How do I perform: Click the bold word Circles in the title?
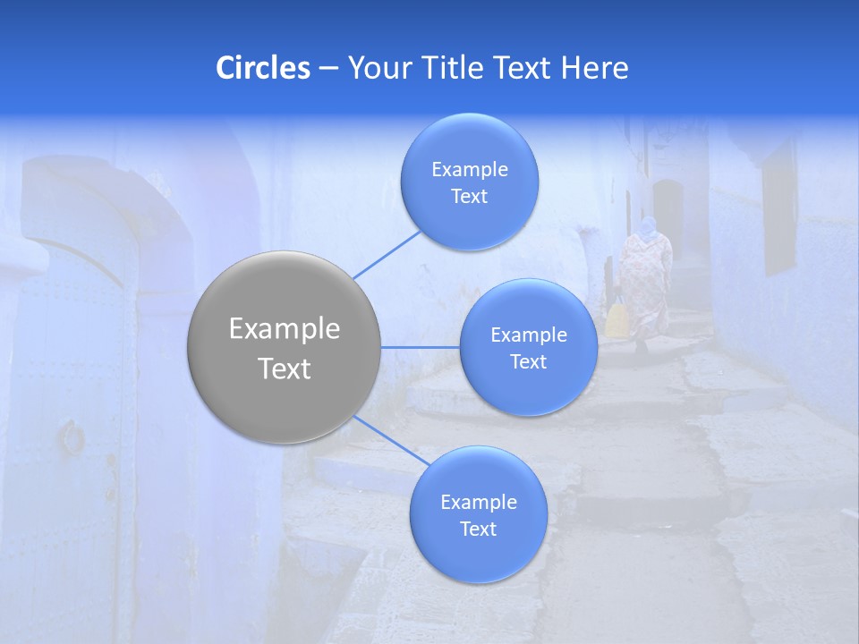(263, 67)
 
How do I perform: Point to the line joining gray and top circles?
(387, 253)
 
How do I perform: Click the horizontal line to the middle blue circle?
(421, 347)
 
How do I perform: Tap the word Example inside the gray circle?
(285, 329)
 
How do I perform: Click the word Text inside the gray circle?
(285, 369)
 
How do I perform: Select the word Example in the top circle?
(469, 170)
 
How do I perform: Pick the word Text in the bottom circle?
(479, 530)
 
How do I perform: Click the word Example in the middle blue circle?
(529, 335)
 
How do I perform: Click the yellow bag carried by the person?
(617, 319)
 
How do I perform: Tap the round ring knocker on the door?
(72, 437)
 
